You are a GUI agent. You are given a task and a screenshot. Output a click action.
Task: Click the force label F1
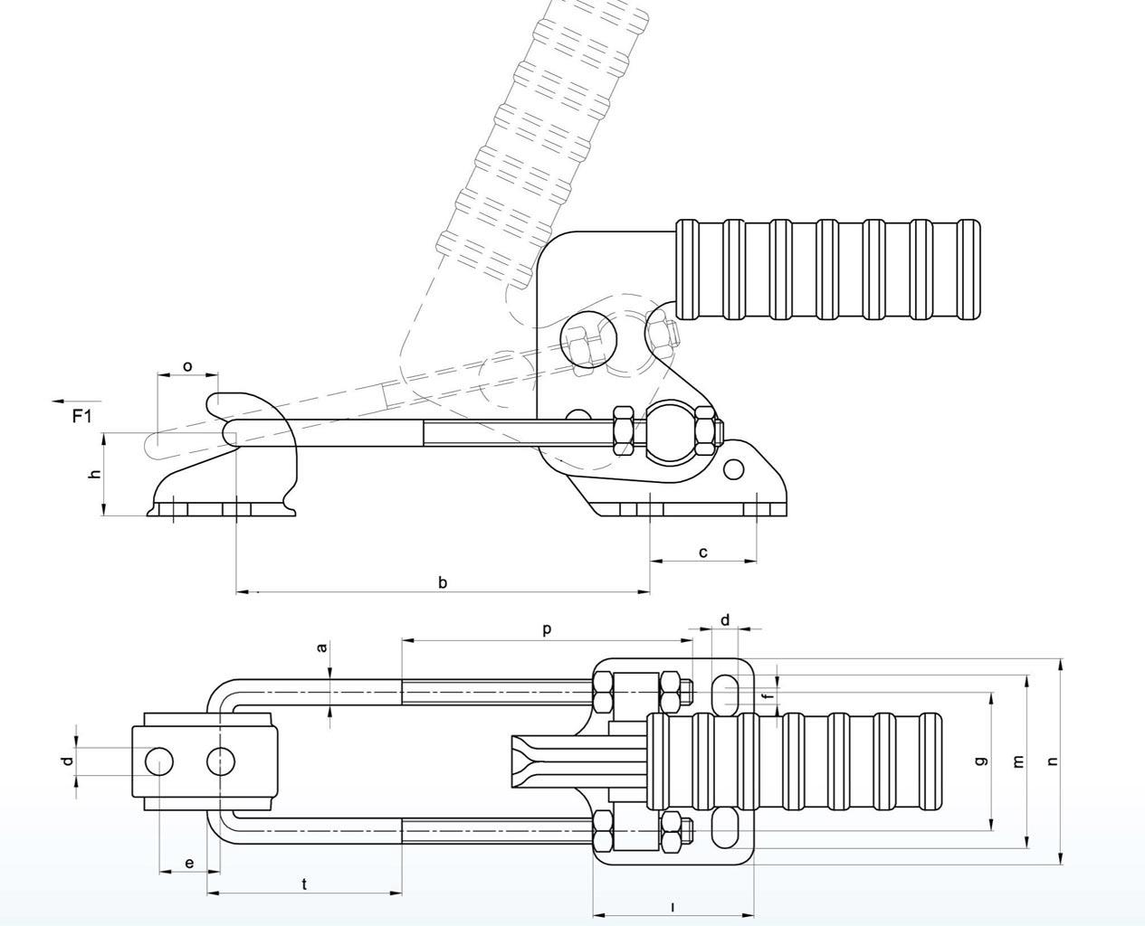pyautogui.click(x=82, y=416)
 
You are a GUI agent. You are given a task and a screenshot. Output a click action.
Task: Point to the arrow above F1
pyautogui.click(x=77, y=401)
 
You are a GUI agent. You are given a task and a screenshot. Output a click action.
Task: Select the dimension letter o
pyautogui.click(x=187, y=366)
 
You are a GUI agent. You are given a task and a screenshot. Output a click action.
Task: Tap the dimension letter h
pyautogui.click(x=96, y=474)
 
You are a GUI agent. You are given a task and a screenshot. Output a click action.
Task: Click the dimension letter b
pyautogui.click(x=443, y=582)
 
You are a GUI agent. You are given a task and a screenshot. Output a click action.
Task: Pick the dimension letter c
pyautogui.click(x=703, y=553)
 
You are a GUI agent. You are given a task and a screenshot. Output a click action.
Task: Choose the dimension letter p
pyautogui.click(x=548, y=629)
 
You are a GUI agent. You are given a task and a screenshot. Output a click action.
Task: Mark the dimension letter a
pyautogui.click(x=322, y=647)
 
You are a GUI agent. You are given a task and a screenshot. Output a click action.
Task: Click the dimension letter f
pyautogui.click(x=769, y=695)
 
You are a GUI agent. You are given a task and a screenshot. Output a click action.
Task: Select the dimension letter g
pyautogui.click(x=981, y=761)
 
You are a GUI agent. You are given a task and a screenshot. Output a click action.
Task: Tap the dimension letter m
pyautogui.click(x=1018, y=761)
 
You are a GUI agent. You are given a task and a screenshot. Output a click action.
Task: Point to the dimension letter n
pyautogui.click(x=1053, y=761)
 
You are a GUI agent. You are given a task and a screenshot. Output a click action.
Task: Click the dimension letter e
pyautogui.click(x=189, y=864)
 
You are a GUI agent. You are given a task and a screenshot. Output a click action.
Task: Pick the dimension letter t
pyautogui.click(x=304, y=883)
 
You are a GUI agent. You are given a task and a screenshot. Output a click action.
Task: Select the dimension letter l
pyautogui.click(x=673, y=908)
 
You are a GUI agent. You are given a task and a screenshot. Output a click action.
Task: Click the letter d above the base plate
pyautogui.click(x=725, y=619)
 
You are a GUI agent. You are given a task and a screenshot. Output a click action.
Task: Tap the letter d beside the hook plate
pyautogui.click(x=67, y=761)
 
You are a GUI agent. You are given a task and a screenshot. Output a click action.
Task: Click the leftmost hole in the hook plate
pyautogui.click(x=158, y=761)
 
